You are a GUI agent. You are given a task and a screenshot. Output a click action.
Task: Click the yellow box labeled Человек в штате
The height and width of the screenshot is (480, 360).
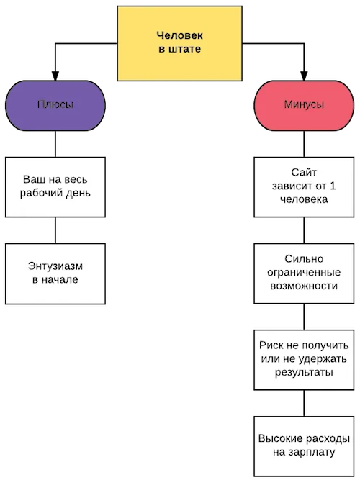(x=179, y=43)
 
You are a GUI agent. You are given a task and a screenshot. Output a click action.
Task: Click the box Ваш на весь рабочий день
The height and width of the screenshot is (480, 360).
(x=55, y=187)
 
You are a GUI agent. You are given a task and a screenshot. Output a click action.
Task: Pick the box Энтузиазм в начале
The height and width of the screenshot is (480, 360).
(x=55, y=273)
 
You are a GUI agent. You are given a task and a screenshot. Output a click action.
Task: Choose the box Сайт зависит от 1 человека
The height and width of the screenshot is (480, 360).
(x=304, y=187)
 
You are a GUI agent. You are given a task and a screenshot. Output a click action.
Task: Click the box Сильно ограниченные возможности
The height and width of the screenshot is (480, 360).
(x=304, y=273)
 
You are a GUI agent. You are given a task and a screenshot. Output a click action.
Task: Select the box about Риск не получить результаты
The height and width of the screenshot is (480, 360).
(x=304, y=360)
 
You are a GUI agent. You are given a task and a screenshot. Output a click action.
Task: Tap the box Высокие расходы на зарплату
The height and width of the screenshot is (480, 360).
(x=304, y=446)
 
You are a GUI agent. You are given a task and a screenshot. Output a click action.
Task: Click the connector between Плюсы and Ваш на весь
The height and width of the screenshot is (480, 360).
(x=55, y=144)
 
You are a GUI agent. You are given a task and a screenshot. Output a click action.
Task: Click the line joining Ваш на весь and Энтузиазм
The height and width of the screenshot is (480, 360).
(x=55, y=230)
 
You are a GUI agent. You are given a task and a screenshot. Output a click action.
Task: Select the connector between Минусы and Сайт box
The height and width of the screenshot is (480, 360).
(x=304, y=144)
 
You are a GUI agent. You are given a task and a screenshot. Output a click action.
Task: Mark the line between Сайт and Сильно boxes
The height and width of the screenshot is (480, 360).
(x=304, y=230)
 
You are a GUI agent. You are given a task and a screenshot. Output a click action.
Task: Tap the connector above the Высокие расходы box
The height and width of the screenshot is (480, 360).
(x=304, y=403)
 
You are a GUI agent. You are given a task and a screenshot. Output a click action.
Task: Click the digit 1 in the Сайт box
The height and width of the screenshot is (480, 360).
(x=333, y=186)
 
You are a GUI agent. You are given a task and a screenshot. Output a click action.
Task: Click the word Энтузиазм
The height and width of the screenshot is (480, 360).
(x=55, y=266)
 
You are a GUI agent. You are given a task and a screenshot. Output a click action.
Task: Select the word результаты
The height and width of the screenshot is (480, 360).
(x=304, y=373)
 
